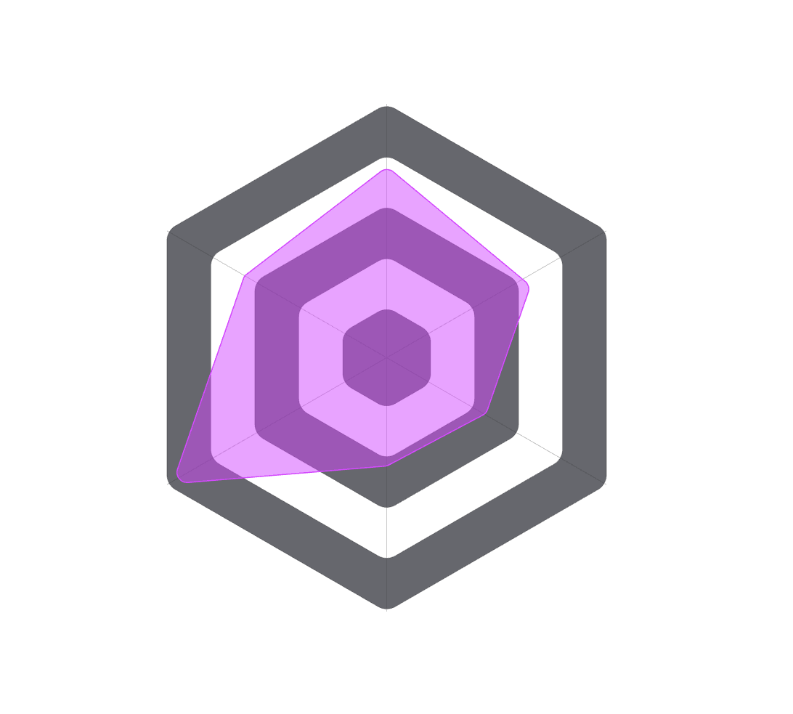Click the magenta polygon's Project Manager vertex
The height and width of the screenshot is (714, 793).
point(387,169)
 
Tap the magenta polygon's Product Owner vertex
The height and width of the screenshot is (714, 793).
point(528,289)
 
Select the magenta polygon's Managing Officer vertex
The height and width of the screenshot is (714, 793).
point(486,415)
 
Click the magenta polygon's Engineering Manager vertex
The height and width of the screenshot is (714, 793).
point(387,466)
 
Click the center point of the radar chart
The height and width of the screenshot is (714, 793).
point(387,357)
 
